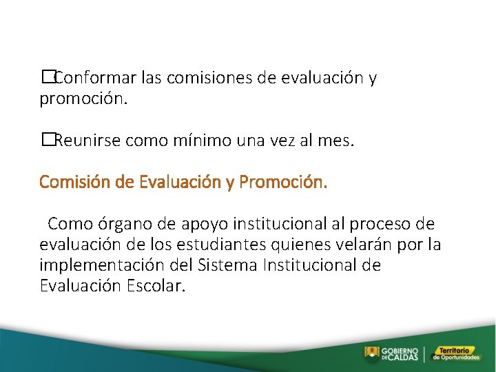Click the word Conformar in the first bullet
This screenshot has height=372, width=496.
click(88, 78)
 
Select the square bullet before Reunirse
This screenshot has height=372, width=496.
click(46, 141)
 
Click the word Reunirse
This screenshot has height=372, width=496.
click(85, 141)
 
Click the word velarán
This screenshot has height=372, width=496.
click(369, 245)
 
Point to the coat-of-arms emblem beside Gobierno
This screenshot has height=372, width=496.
click(371, 353)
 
